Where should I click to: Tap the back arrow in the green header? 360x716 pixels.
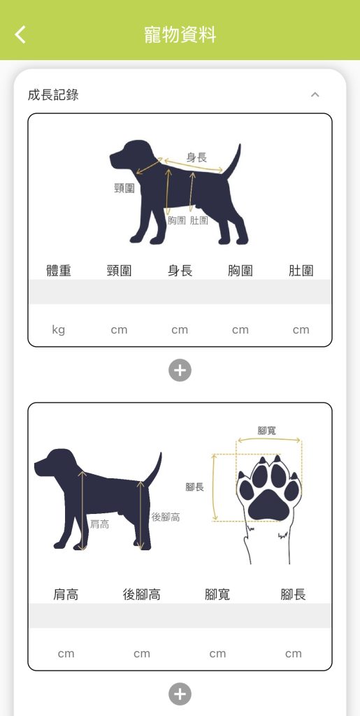pyautogui.click(x=20, y=35)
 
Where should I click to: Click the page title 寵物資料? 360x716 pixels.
pyautogui.click(x=180, y=35)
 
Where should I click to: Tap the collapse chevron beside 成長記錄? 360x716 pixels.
pyautogui.click(x=315, y=94)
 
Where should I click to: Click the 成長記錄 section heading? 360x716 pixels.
pyautogui.click(x=53, y=95)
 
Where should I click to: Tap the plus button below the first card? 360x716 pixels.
pyautogui.click(x=180, y=370)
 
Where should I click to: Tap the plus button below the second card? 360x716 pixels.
pyautogui.click(x=180, y=694)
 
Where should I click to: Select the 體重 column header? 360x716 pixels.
pyautogui.click(x=59, y=271)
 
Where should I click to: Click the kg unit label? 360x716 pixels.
pyautogui.click(x=59, y=330)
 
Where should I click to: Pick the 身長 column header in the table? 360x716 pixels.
pyautogui.click(x=180, y=271)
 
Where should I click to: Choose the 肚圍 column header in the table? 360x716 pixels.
pyautogui.click(x=301, y=271)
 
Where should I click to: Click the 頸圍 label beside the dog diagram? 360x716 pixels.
pyautogui.click(x=124, y=188)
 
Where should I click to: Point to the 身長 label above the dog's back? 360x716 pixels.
pyautogui.click(x=196, y=157)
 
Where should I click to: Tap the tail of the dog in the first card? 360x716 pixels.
pyautogui.click(x=233, y=162)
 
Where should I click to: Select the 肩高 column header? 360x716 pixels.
pyautogui.click(x=66, y=594)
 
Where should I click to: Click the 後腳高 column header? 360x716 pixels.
pyautogui.click(x=141, y=594)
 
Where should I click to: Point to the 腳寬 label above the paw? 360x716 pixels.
pyautogui.click(x=266, y=430)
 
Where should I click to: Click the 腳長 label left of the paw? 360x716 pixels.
pyautogui.click(x=195, y=487)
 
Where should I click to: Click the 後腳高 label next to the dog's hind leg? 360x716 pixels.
pyautogui.click(x=165, y=517)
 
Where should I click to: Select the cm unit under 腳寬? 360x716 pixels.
pyautogui.click(x=217, y=654)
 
